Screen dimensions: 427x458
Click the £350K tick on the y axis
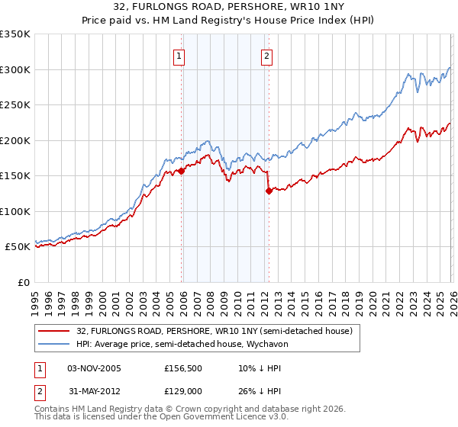(15, 34)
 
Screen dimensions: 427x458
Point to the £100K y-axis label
(15, 211)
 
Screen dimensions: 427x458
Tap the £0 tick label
(23, 282)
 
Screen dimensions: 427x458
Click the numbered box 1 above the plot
(179, 55)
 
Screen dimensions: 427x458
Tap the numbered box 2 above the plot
(266, 55)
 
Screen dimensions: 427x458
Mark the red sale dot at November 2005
(182, 172)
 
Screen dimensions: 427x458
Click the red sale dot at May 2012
(269, 191)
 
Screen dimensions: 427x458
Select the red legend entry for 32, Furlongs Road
(214, 331)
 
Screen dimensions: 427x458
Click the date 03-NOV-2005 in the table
(94, 368)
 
